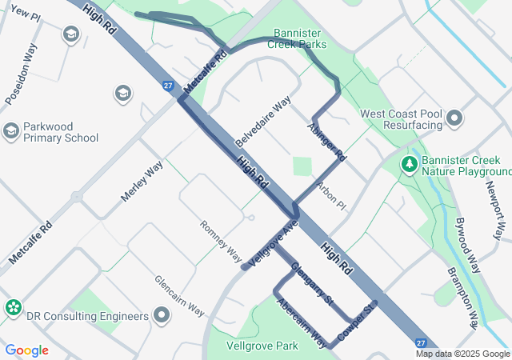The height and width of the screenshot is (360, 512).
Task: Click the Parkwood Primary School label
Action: pos(61,132)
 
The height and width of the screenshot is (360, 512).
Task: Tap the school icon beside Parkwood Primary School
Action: pos(11,130)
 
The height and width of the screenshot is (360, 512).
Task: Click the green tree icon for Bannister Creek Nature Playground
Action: pos(410,164)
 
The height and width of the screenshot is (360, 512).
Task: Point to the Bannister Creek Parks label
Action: pos(300,38)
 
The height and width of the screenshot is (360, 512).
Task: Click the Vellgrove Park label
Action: pos(262,346)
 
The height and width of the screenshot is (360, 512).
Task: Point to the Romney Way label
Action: pos(220,241)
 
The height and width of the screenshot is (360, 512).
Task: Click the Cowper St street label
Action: pos(356,320)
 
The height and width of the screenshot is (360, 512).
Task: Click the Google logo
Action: pos(26,350)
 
